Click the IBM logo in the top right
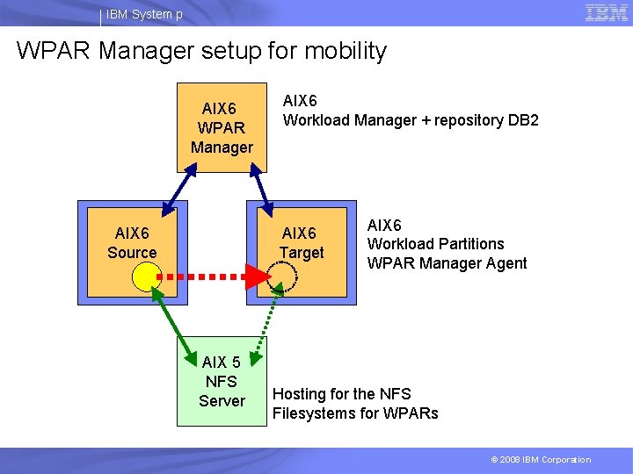[606, 12]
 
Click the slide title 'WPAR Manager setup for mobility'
[201, 51]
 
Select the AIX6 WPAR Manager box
[222, 127]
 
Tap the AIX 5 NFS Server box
[222, 382]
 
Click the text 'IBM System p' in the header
[146, 14]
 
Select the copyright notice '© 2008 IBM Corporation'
[541, 459]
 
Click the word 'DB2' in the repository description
[523, 120]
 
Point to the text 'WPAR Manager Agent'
[447, 262]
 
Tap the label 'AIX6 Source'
[132, 243]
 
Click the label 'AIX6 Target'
[302, 243]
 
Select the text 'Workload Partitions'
[435, 243]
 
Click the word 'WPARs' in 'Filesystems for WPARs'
[410, 413]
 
